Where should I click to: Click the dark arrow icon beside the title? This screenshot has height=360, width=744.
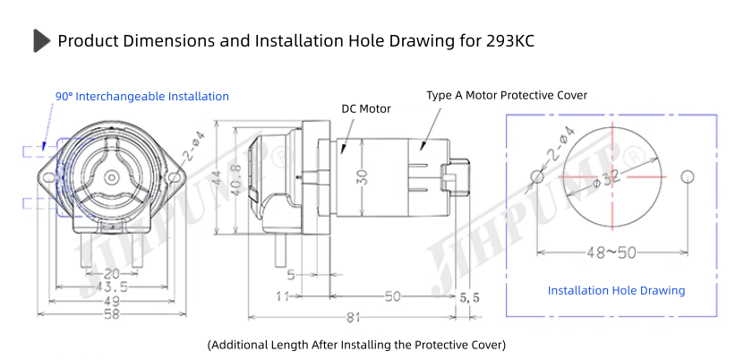pyautogui.click(x=41, y=40)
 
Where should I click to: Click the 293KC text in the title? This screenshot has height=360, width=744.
pyautogui.click(x=511, y=41)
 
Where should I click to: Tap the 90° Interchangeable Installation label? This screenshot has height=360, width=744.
pyautogui.click(x=141, y=97)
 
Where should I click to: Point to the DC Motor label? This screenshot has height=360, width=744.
pyautogui.click(x=366, y=109)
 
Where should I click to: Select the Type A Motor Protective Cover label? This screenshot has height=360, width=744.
pyautogui.click(x=507, y=95)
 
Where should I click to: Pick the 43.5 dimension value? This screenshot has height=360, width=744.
pyautogui.click(x=110, y=287)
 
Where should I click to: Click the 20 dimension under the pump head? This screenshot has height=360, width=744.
pyautogui.click(x=110, y=273)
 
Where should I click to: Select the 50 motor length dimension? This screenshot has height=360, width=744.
pyautogui.click(x=393, y=296)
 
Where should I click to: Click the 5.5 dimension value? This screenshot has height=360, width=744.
pyautogui.click(x=469, y=296)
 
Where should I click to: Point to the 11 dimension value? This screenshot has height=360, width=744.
pyautogui.click(x=283, y=296)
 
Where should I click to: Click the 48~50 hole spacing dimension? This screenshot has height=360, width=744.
pyautogui.click(x=611, y=253)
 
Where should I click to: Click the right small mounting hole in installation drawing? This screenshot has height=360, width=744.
pyautogui.click(x=688, y=176)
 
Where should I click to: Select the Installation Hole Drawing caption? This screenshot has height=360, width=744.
pyautogui.click(x=616, y=290)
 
